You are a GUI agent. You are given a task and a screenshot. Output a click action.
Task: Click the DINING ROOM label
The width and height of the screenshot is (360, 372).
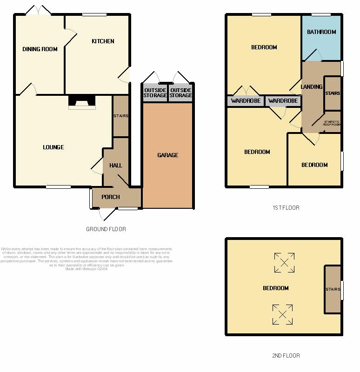tap(40, 49)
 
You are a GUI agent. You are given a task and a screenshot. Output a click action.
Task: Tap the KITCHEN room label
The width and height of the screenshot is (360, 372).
tap(103, 41)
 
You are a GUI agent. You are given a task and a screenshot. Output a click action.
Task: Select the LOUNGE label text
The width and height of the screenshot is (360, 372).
tap(53, 147)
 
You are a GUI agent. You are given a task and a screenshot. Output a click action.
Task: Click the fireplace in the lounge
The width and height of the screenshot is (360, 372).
tap(82, 102)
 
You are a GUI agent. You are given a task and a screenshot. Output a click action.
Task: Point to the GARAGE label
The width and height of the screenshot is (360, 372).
tap(167, 155)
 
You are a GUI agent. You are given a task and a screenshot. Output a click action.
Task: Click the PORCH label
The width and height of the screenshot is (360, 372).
tap(111, 197)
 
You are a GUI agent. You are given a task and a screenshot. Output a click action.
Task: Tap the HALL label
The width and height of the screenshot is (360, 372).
tap(115, 166)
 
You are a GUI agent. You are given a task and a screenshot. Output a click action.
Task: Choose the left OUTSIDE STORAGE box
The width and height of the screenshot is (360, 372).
tap(155, 93)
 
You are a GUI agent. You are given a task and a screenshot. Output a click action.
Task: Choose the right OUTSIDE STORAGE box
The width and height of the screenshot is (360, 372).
tap(180, 93)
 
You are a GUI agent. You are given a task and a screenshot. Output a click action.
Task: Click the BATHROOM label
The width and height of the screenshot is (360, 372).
tap(321, 32)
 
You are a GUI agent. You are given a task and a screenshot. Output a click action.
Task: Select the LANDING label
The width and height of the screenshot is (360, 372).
tap(311, 87)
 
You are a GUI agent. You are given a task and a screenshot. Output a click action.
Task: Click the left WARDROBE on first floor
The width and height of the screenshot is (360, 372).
tap(246, 101)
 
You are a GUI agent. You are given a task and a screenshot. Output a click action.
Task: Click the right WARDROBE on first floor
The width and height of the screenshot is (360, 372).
tap(283, 101)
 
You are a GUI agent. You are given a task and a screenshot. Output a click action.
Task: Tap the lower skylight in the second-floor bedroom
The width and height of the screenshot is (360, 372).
tap(282, 314)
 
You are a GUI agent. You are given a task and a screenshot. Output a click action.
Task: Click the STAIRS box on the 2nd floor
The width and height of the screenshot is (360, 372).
tap(333, 289)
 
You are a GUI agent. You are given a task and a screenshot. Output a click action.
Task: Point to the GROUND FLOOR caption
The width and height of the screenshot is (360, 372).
tap(106, 229)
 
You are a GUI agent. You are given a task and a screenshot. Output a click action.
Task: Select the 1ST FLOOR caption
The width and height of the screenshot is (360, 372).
tap(286, 208)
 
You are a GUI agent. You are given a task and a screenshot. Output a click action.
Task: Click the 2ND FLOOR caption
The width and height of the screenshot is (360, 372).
tap(286, 356)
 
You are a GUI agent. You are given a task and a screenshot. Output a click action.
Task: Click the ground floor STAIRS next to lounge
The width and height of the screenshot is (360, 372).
tap(120, 116)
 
